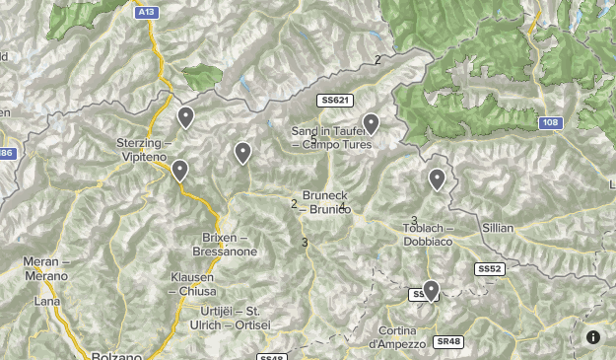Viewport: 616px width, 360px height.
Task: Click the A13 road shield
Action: [146, 11]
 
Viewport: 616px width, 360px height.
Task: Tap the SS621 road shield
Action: [335, 101]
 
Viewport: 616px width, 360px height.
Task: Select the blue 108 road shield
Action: [550, 123]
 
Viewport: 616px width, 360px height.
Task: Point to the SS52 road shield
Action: [490, 268]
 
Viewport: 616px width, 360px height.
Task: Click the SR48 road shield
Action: [447, 341]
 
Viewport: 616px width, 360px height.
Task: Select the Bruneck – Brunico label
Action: [326, 202]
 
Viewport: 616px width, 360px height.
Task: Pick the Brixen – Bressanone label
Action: [230, 245]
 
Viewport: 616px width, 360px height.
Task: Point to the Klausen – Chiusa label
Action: [192, 284]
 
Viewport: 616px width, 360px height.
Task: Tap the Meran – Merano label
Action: [46, 269]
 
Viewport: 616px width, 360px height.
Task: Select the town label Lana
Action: [46, 302]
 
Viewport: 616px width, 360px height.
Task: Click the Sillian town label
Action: [498, 228]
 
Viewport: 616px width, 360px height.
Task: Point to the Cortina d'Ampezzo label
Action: [398, 337]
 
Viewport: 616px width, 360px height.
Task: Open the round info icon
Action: [593, 337]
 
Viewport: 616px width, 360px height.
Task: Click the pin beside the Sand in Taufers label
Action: [371, 123]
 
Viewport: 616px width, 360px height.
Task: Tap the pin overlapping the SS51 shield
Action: [430, 290]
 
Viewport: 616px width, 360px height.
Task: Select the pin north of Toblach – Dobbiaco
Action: [437, 179]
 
